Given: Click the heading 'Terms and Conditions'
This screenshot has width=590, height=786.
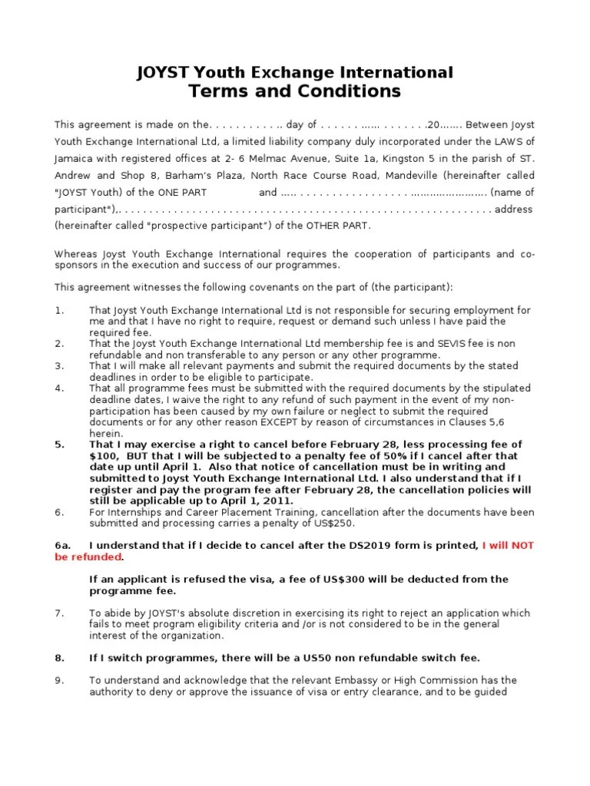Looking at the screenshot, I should tap(294, 91).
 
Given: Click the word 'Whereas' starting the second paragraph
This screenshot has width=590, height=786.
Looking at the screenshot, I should tap(75, 254).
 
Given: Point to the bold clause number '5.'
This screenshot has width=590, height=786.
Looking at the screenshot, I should tap(59, 444).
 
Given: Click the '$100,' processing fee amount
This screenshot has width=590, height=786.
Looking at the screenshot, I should tap(104, 455).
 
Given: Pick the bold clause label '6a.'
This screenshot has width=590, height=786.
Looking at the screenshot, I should tap(63, 545).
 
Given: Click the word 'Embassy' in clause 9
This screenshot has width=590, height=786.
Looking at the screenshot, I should tap(342, 680).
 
